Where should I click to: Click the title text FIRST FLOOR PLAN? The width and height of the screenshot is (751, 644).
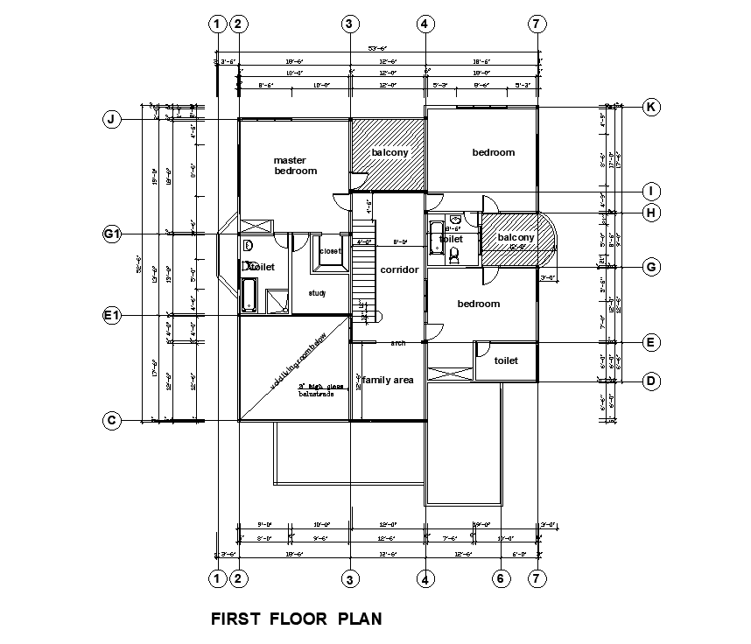click(x=297, y=619)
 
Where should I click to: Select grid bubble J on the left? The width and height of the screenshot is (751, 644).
click(x=111, y=120)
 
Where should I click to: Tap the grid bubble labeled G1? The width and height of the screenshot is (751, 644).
click(x=111, y=234)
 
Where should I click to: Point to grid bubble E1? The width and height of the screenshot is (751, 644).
click(x=111, y=316)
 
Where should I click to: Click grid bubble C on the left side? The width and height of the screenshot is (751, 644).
click(x=111, y=421)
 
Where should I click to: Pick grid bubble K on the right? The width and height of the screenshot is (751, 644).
click(x=650, y=107)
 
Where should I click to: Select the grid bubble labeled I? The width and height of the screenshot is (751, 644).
click(x=650, y=192)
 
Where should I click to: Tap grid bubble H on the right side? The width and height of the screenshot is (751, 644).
click(x=650, y=213)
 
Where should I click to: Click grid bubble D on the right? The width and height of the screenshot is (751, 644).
click(x=650, y=381)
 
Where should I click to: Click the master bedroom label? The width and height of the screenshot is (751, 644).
click(x=295, y=165)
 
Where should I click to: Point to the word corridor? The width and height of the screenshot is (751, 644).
click(x=399, y=269)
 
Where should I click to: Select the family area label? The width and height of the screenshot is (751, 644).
click(x=389, y=380)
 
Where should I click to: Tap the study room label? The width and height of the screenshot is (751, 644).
click(x=317, y=292)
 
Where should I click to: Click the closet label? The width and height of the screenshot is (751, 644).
click(x=330, y=251)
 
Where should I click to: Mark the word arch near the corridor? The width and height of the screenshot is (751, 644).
click(x=398, y=343)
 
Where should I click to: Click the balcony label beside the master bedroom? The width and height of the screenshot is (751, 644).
click(x=390, y=152)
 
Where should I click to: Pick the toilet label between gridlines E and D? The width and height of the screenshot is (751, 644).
click(x=506, y=360)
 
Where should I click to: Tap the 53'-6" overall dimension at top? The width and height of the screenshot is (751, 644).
click(x=378, y=50)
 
